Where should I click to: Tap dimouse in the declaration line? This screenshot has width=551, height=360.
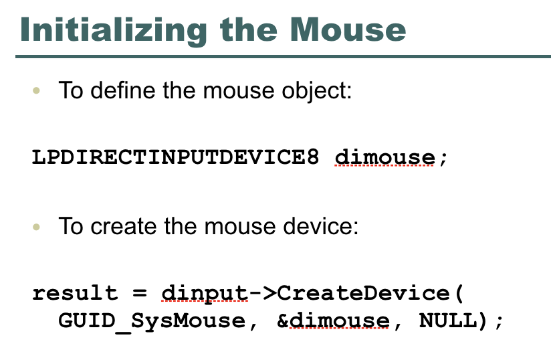pos(384,158)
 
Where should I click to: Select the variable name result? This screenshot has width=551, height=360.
pos(74,294)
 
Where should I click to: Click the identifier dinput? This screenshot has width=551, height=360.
pos(204,294)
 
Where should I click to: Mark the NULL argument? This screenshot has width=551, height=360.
pos(447,321)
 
